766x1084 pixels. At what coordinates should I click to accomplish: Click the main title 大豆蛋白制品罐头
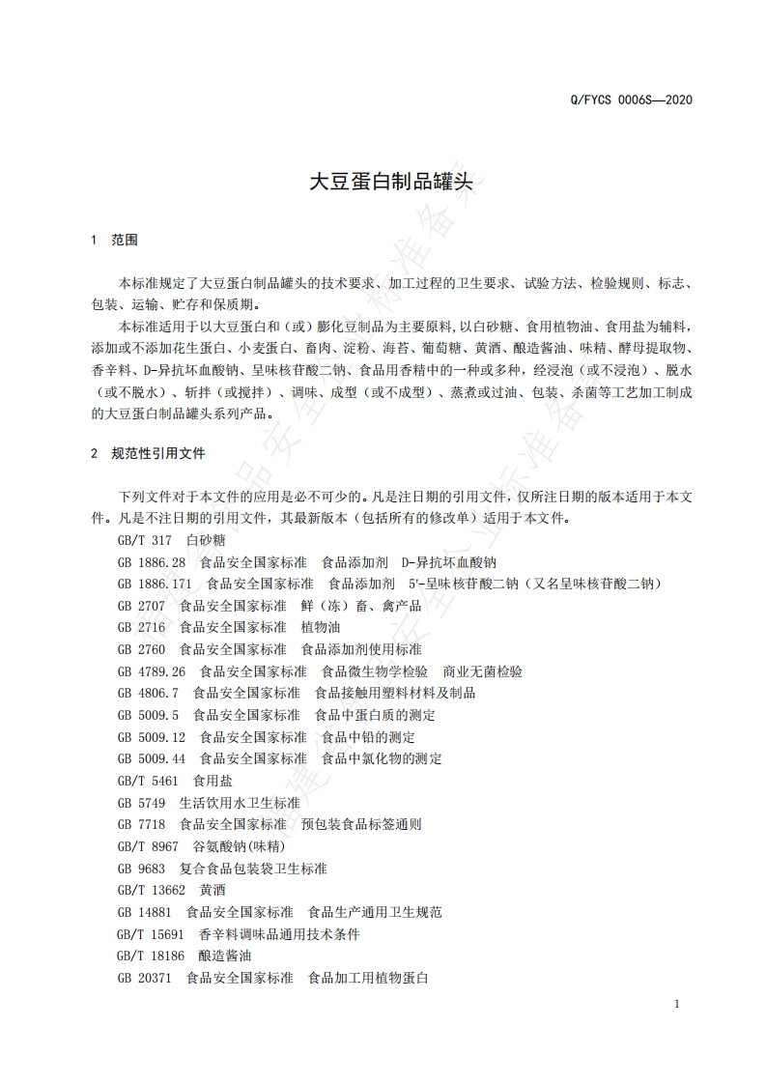[x=383, y=183]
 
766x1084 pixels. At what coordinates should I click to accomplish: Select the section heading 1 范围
[x=113, y=240]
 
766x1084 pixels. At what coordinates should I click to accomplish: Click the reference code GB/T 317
[x=144, y=540]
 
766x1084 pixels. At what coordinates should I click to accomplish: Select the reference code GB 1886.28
[x=152, y=562]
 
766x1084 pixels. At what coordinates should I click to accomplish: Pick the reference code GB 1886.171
[x=155, y=584]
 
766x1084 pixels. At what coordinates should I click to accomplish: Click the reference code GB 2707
[x=141, y=606]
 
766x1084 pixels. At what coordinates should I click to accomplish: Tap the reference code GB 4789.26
[x=152, y=671]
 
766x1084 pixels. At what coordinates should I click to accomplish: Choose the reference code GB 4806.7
[x=148, y=693]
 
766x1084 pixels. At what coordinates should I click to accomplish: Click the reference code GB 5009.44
[x=152, y=758]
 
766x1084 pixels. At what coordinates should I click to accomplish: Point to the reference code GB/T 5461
[x=148, y=781]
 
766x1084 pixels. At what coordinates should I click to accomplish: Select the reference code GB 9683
[x=141, y=869]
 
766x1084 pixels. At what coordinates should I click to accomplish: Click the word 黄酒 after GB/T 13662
[x=212, y=890]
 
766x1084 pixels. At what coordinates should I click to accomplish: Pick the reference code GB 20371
[x=145, y=978]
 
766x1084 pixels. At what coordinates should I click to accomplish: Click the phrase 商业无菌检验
[x=482, y=671]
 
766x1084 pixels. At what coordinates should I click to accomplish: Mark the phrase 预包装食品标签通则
[x=360, y=824]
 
